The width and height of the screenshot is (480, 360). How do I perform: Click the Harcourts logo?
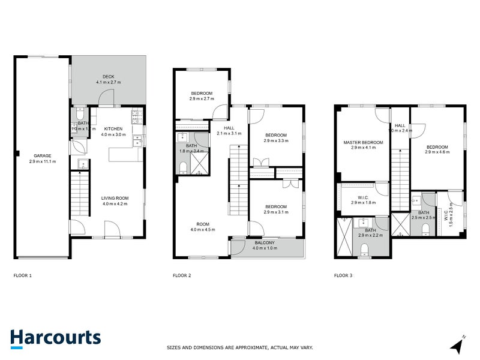point(55,337)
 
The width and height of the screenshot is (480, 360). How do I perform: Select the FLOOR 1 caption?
point(23,275)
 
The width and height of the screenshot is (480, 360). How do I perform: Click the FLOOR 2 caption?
point(182,275)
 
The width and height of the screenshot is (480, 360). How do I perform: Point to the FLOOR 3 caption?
point(343,275)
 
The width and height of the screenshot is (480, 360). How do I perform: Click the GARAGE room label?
point(42,155)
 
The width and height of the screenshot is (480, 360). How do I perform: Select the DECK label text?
point(108,76)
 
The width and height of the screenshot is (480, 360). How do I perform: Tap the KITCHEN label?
point(113,128)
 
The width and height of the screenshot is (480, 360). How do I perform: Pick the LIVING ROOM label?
point(113,197)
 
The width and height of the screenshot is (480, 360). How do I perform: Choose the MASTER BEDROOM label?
point(363,143)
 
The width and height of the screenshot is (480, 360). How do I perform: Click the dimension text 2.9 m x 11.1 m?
point(42,161)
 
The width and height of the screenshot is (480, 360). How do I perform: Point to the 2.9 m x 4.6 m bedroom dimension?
point(437,152)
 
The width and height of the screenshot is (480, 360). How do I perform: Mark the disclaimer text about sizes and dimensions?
point(239,347)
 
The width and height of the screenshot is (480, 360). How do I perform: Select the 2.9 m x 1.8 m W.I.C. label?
point(363,202)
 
